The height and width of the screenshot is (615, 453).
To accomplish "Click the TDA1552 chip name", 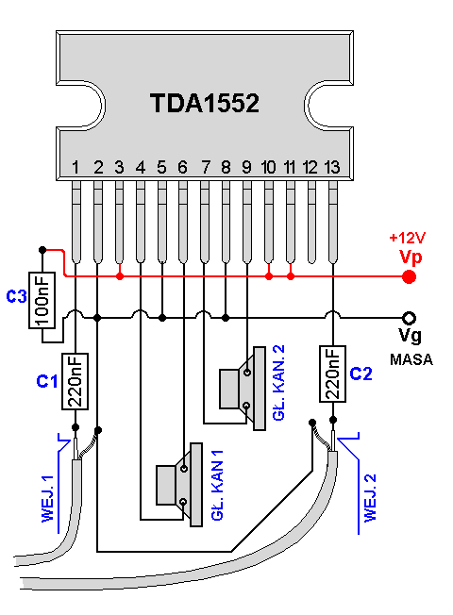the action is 205,103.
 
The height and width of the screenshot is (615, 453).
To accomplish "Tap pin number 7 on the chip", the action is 206,168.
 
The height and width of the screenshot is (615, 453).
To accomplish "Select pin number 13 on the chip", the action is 331,168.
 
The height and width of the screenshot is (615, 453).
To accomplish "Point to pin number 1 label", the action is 75,168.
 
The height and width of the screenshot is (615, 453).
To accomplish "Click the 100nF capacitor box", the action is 42,300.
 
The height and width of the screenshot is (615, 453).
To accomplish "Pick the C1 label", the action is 47,381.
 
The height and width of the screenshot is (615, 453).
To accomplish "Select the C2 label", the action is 361,374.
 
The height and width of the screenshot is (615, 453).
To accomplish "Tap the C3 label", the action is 16,296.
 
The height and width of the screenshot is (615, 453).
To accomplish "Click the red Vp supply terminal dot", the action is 409,277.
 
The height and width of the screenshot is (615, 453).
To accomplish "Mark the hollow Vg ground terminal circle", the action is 409,318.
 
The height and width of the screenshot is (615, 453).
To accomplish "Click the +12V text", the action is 408,238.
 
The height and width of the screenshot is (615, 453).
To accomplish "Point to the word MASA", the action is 411,359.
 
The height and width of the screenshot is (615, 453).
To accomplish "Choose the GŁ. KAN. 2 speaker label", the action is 278,383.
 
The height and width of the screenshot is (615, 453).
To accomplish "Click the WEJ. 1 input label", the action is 47,499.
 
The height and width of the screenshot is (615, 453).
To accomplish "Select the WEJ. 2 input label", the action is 370,498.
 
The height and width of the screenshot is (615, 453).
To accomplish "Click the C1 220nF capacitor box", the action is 75,381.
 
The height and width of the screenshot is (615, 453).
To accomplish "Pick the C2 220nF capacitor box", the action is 332,374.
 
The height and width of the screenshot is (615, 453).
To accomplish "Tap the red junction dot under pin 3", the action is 120,276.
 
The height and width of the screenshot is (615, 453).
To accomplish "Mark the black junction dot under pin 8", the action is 226,318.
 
